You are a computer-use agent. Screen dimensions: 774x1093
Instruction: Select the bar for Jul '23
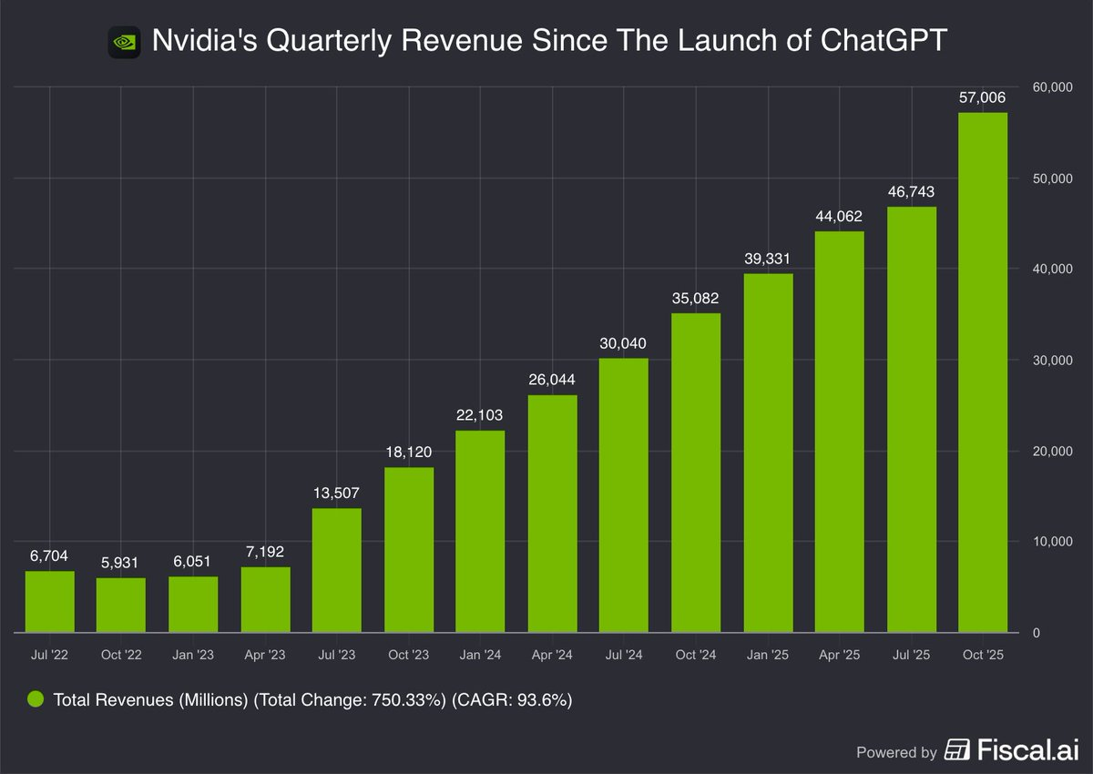click(337, 570)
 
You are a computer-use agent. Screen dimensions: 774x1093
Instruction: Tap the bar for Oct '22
click(121, 605)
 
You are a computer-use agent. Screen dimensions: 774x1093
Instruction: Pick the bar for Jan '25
click(768, 453)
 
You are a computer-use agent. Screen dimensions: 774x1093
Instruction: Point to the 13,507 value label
click(337, 494)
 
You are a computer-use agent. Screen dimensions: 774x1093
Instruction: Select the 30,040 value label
click(624, 343)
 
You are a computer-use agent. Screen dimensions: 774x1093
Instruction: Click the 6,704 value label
click(49, 555)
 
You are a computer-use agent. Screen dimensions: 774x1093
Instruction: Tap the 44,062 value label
click(839, 217)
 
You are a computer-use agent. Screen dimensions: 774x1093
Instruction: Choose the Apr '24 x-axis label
click(552, 655)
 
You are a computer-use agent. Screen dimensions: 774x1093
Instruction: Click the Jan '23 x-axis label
click(193, 655)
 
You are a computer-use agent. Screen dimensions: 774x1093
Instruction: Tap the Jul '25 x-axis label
click(911, 655)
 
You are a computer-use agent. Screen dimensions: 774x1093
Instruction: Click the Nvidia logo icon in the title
click(124, 41)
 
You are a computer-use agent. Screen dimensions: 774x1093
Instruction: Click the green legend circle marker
click(36, 699)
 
